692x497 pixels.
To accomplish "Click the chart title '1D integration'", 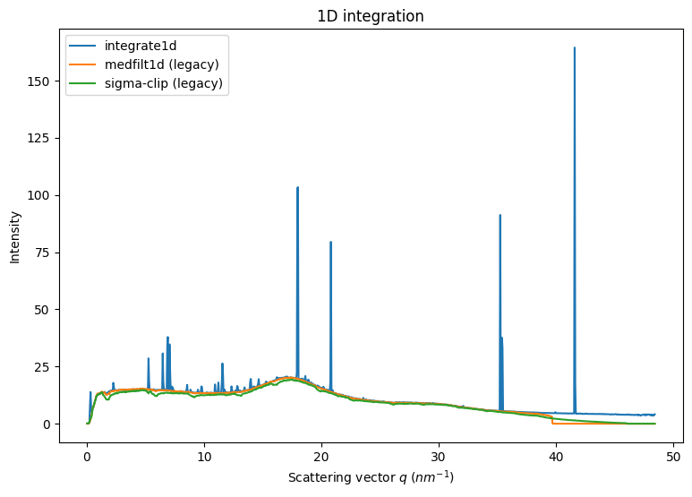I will [371, 16].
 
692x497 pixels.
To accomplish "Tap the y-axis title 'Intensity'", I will [15, 236].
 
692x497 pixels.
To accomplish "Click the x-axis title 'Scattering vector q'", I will [371, 477].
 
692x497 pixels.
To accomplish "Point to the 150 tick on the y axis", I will [41, 81].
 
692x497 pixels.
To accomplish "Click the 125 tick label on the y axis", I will [41, 138].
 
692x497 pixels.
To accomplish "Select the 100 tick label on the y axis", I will [41, 195].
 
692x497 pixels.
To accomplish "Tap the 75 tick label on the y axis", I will [45, 253].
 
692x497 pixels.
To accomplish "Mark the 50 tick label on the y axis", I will [45, 310].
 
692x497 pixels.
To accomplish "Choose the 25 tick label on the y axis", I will [45, 367].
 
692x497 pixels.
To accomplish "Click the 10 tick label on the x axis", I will [204, 455].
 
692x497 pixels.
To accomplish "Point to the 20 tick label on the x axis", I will [321, 455].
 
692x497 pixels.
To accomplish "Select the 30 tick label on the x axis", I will [439, 455].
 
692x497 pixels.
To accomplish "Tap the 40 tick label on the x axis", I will [556, 455].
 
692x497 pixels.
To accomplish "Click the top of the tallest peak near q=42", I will [575, 47].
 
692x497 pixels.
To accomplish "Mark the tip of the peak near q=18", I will [297, 187].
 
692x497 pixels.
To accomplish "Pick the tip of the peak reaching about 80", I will [330, 242].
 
